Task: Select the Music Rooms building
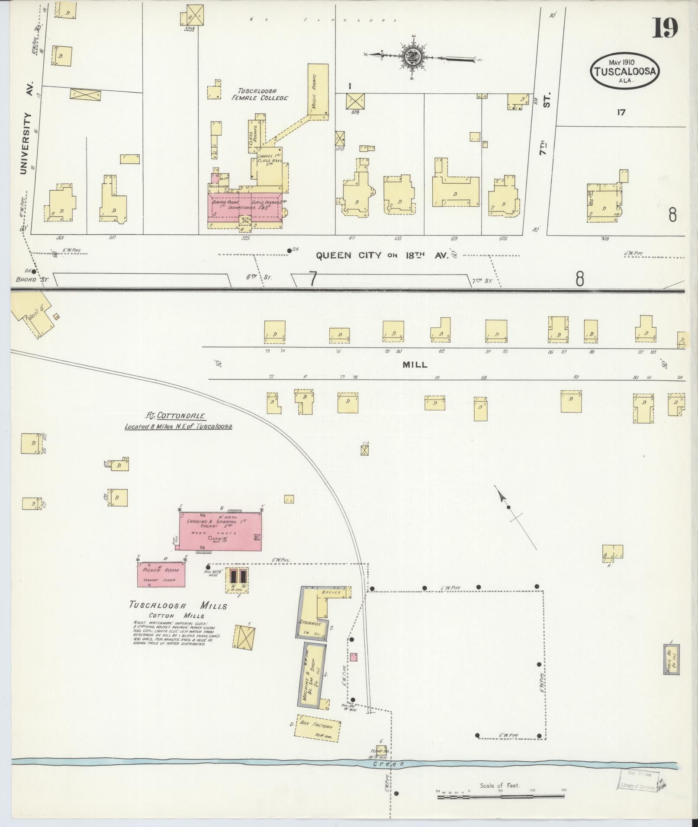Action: click(x=317, y=90)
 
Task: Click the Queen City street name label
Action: click(x=348, y=255)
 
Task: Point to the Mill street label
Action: click(x=415, y=364)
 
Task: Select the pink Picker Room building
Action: click(x=161, y=575)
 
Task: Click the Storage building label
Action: click(x=309, y=623)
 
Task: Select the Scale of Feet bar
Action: click(x=500, y=791)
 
